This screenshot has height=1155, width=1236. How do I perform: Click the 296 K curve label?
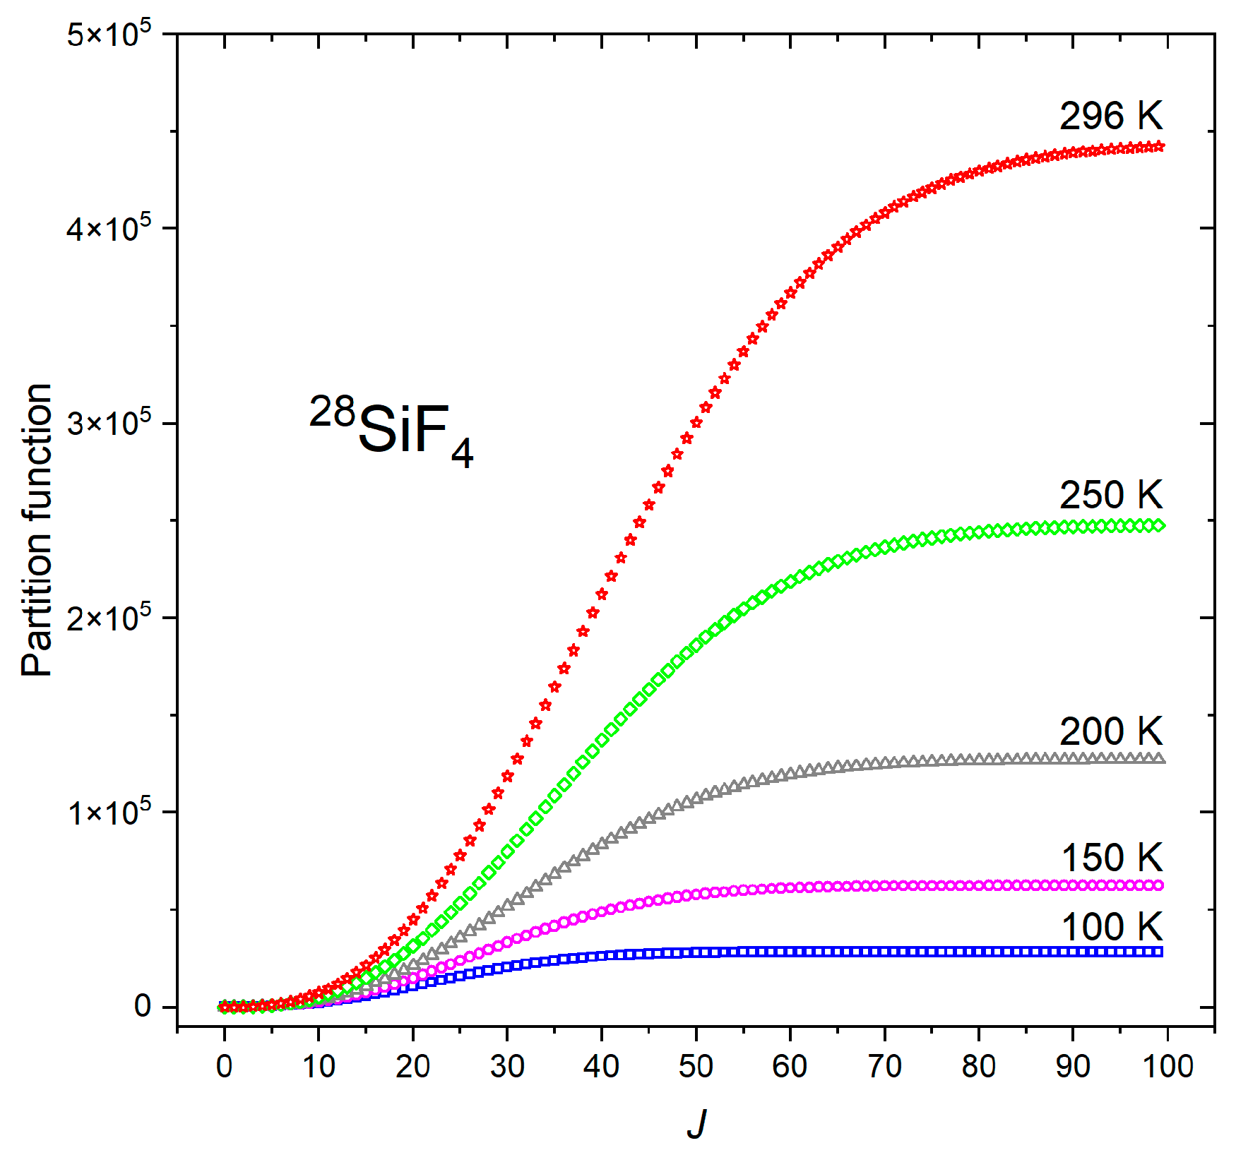(1110, 116)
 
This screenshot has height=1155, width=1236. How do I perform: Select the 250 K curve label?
(1110, 495)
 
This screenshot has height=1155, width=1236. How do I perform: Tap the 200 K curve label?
(1110, 731)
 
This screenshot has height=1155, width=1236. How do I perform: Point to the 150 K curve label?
(1112, 858)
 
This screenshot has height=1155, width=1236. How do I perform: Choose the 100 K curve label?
(1112, 926)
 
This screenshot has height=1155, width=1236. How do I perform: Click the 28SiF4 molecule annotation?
(391, 430)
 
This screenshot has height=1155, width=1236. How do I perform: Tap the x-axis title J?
(696, 1123)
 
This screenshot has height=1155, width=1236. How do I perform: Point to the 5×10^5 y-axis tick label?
(109, 34)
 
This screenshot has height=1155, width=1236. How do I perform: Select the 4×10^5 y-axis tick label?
(109, 229)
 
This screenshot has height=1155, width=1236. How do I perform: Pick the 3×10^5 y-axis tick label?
(109, 424)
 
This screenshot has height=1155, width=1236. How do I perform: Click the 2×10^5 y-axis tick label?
(109, 618)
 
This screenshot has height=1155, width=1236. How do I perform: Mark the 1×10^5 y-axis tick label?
(109, 813)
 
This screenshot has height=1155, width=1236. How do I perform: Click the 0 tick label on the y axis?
(143, 1007)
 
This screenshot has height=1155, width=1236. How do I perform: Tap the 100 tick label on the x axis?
(1167, 1066)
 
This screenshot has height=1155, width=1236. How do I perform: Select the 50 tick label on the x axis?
(696, 1066)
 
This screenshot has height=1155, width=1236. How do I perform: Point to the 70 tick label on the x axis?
(884, 1066)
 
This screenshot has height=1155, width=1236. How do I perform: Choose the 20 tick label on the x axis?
(412, 1066)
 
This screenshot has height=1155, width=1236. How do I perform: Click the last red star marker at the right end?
(1158, 147)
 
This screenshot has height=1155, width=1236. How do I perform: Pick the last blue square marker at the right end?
(1158, 952)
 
